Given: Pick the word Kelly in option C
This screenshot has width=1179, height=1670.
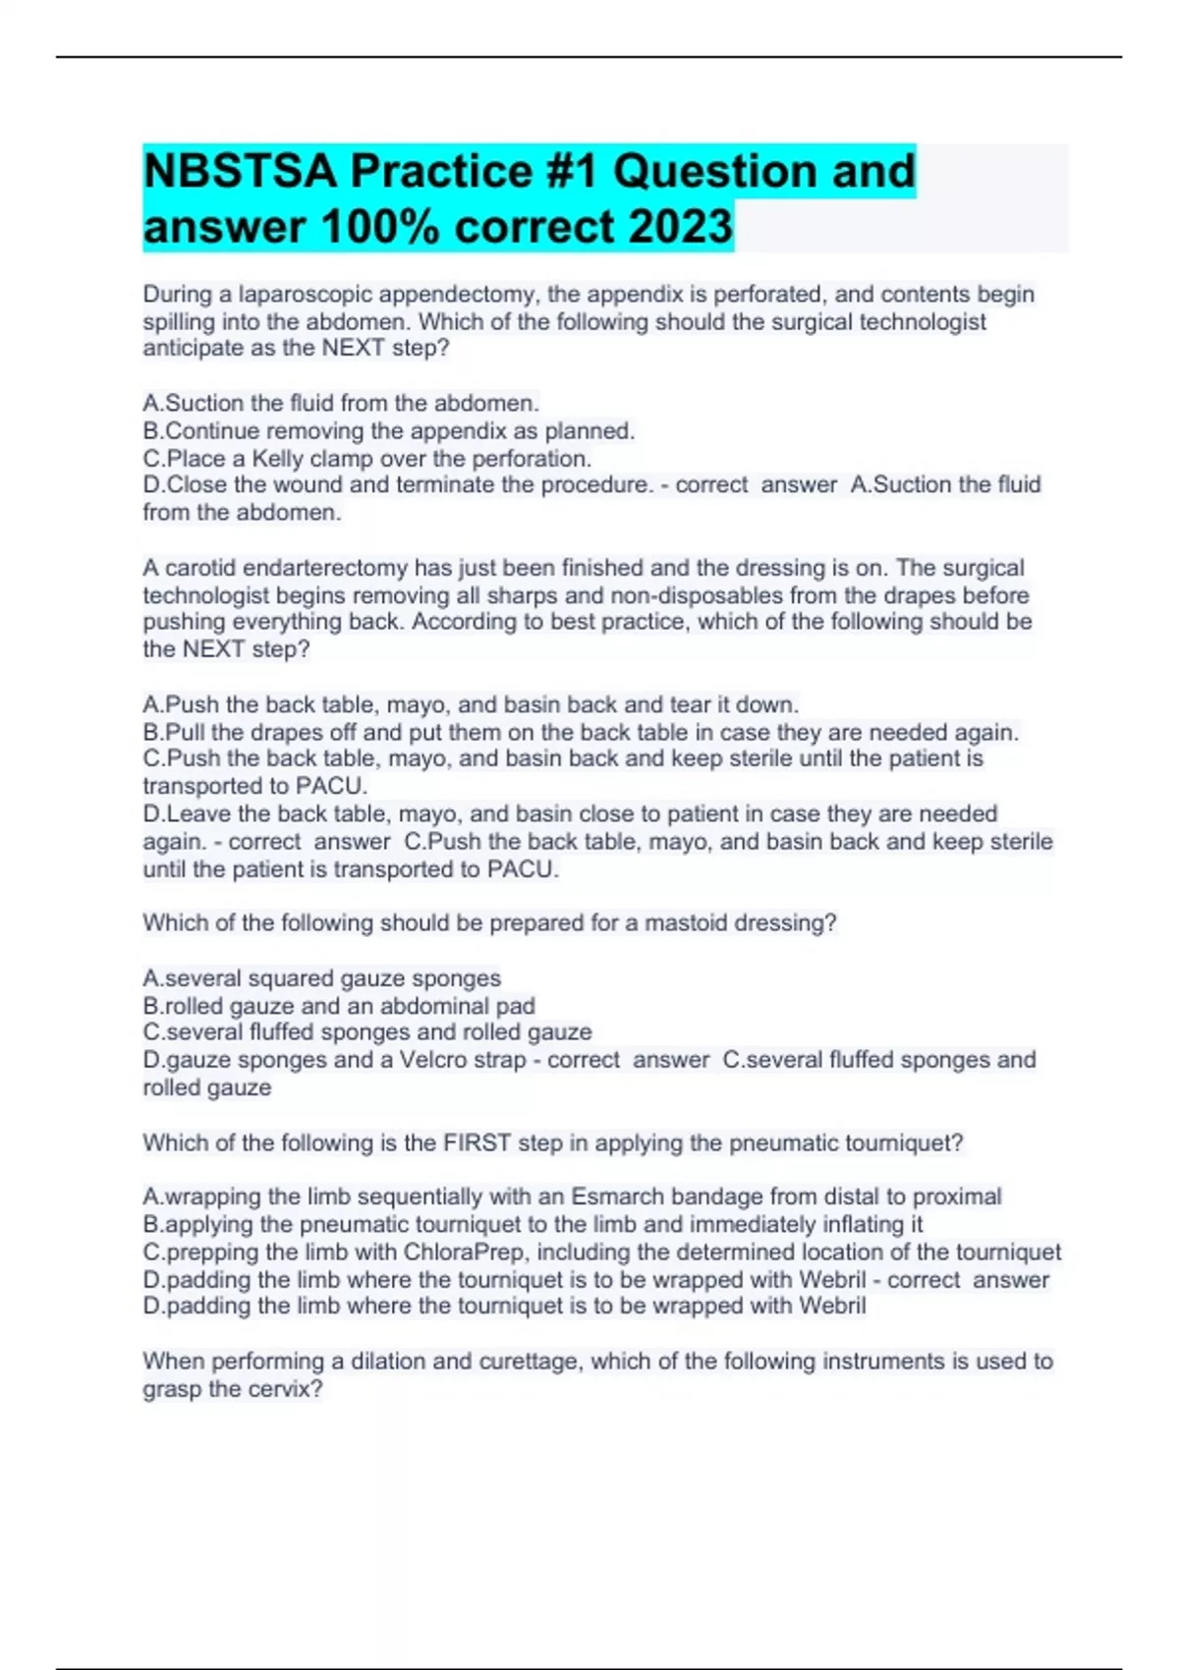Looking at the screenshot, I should (278, 459).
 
